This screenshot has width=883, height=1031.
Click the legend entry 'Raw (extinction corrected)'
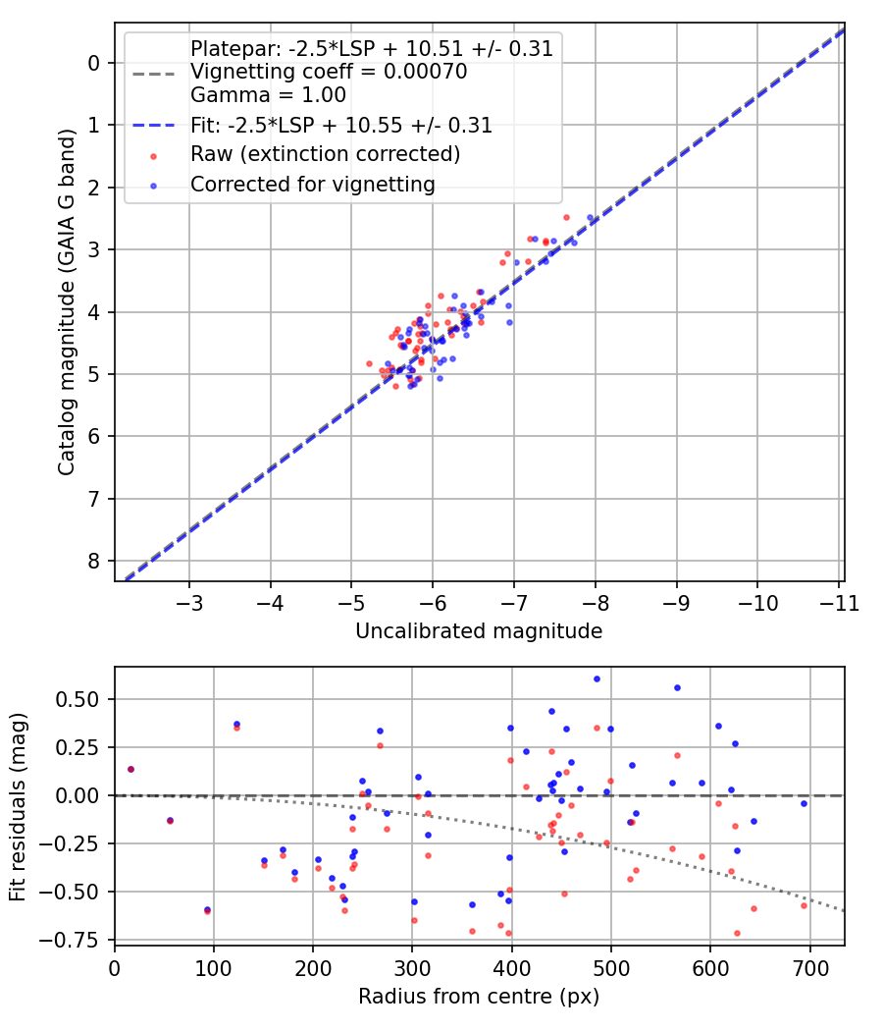click(x=325, y=154)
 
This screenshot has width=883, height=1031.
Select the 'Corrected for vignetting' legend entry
click(x=312, y=184)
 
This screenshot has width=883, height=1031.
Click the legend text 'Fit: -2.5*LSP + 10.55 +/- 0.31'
click(x=341, y=125)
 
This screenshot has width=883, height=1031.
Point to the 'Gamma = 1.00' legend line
click(x=268, y=95)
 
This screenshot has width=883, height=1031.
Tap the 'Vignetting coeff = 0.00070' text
click(x=329, y=72)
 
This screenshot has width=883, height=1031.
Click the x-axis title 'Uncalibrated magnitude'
click(x=479, y=631)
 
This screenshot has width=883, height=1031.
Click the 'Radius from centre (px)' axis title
click(x=479, y=997)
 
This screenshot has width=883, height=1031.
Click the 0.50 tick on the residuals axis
click(x=82, y=699)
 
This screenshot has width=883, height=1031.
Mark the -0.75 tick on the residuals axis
click(x=78, y=940)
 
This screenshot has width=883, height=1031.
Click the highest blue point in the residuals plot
click(x=597, y=678)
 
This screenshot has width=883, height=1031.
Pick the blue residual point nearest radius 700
click(x=804, y=803)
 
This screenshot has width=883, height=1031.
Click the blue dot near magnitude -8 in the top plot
click(x=590, y=218)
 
